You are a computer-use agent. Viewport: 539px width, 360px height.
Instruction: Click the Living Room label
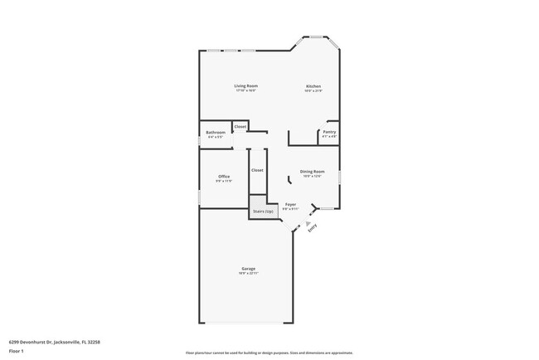point(245,86)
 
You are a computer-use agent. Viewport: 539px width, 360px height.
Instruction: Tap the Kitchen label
point(313,86)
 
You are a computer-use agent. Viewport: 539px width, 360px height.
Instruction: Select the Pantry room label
point(328,132)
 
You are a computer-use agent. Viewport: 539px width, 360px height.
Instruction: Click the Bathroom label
point(216,132)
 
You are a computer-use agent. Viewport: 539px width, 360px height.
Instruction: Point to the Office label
point(224,176)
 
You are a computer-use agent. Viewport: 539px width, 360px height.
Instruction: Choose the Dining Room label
point(313,172)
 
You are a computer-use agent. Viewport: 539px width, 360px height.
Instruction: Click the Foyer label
point(290,204)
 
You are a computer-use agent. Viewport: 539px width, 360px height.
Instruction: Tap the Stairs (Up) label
point(263,212)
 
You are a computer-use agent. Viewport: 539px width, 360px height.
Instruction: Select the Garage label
point(248,269)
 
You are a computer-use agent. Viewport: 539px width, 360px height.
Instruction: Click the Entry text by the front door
point(313,234)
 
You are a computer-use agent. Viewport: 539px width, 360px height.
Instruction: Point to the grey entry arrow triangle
point(308,223)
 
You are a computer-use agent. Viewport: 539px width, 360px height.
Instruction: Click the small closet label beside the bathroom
point(240,127)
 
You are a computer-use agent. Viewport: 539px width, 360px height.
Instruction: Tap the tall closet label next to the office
point(257,170)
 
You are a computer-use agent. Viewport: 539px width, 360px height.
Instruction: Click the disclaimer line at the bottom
point(269,353)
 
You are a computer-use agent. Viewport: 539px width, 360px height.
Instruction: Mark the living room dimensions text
point(245,90)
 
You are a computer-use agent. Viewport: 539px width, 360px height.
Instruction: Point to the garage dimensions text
point(248,273)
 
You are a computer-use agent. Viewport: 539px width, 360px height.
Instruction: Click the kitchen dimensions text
point(313,90)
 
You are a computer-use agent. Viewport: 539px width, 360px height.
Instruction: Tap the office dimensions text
point(224,180)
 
